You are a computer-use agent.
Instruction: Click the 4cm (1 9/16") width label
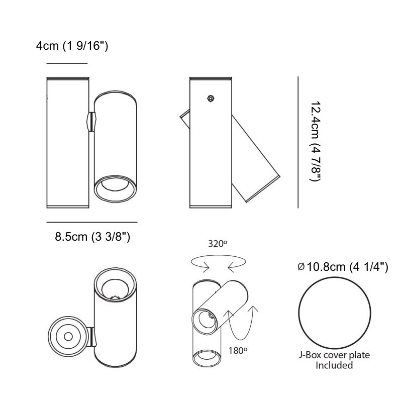[72, 46]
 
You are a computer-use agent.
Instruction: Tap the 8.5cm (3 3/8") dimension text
[92, 236]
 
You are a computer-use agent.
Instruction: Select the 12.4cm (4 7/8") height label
[315, 142]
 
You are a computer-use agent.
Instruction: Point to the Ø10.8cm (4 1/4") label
[343, 267]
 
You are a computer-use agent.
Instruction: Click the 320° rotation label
[218, 244]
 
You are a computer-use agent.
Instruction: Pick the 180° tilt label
[238, 350]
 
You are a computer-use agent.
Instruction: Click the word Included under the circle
[334, 365]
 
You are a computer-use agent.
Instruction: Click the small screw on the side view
[211, 98]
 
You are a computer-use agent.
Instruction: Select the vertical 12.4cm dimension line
[298, 142]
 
